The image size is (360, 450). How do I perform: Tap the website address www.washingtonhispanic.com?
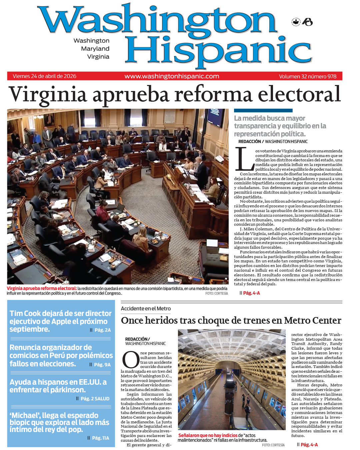pos(172,76)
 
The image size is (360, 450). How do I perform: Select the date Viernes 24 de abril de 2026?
pos(44,76)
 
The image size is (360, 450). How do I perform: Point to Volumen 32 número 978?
pos(307,76)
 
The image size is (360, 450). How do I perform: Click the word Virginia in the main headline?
pos(48,95)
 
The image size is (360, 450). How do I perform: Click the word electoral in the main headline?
pos(299,95)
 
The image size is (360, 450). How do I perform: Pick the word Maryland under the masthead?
pos(95,49)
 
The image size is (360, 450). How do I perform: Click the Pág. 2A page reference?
pos(102,330)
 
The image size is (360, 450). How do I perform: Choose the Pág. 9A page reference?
pos(102,365)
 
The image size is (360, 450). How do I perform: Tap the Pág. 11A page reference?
pos(100,438)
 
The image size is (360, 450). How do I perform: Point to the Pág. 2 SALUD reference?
pos(95,399)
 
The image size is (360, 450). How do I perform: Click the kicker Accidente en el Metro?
pos(146,309)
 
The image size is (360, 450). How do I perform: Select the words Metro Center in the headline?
pos(312,321)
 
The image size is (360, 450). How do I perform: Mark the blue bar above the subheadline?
pos(263,110)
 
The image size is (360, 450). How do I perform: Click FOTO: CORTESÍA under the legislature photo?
pos(216,293)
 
